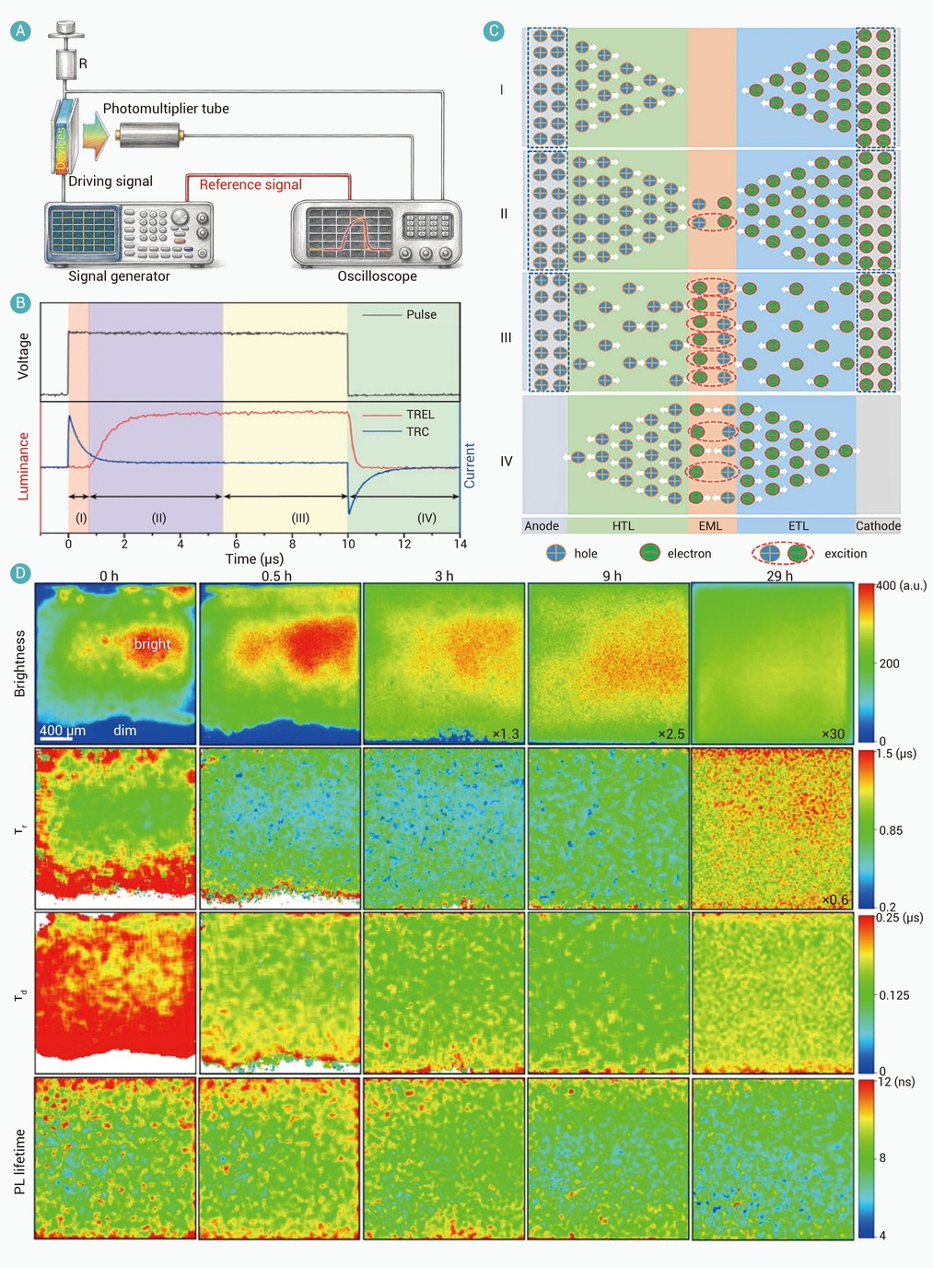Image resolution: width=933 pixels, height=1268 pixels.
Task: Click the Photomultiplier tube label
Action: [166, 109]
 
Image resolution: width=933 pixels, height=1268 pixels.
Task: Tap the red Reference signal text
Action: [251, 184]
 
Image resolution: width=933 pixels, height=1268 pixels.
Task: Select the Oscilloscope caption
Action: [377, 276]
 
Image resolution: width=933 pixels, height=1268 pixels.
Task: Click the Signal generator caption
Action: [119, 276]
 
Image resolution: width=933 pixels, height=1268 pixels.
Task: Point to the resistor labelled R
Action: [66, 64]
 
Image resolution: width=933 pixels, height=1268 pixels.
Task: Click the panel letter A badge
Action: [20, 30]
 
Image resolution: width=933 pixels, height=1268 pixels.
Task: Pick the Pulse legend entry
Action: [421, 314]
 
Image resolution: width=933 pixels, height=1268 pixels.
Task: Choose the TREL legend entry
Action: [420, 415]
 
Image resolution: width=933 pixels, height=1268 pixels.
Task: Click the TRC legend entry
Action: [417, 432]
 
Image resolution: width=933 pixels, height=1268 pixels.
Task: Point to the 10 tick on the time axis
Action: [348, 544]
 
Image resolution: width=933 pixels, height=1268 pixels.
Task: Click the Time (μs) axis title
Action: [254, 559]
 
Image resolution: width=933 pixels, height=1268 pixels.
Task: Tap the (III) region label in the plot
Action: [300, 518]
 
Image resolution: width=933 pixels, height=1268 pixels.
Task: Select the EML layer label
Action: [710, 526]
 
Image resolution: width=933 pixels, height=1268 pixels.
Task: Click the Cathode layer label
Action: [878, 526]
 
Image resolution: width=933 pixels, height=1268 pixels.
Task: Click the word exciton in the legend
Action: [846, 554]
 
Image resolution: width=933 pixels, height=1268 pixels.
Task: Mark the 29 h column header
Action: [780, 576]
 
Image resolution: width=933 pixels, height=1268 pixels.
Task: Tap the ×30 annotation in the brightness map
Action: [833, 734]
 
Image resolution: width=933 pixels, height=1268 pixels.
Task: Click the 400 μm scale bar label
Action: [63, 730]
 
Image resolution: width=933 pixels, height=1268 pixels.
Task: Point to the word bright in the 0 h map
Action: [152, 643]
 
